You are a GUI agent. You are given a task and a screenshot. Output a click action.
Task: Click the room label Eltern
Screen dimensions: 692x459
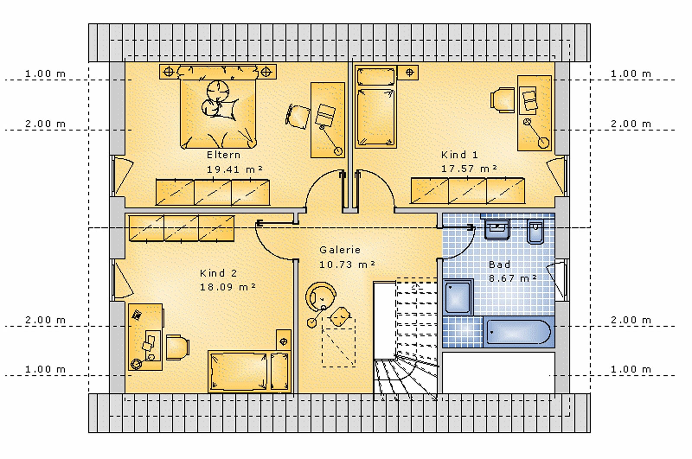tap(223, 155)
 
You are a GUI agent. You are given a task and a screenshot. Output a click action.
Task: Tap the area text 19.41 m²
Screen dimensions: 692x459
tap(234, 169)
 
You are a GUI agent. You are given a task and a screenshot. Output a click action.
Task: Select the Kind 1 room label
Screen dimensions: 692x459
tap(459, 154)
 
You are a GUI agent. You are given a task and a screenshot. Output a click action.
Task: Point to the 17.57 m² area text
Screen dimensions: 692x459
tap(469, 169)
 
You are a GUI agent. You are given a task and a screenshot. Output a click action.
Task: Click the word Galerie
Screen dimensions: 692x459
tap(340, 250)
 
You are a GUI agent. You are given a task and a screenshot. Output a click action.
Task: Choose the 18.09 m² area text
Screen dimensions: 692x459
tap(227, 287)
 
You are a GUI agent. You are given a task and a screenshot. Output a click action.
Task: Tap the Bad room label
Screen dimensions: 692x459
tap(499, 265)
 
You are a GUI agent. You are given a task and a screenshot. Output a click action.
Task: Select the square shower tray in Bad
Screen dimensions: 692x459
tap(458, 297)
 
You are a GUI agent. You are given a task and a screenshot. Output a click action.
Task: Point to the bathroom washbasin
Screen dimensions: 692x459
tap(497, 229)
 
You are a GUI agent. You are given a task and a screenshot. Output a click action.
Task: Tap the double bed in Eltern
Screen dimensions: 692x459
tap(218, 107)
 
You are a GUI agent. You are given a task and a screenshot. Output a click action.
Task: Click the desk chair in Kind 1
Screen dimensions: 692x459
tap(503, 100)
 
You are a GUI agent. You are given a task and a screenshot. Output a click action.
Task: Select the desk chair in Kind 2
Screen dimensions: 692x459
tap(178, 347)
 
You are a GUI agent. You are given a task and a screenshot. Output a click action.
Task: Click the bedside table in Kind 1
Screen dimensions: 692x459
tap(408, 73)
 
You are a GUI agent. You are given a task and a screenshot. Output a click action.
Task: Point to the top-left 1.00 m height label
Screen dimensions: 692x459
tap(45, 73)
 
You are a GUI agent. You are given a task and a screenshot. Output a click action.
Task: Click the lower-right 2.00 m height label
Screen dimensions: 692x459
tap(631, 320)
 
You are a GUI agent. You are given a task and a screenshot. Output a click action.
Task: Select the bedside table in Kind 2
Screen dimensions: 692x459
tap(283, 340)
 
